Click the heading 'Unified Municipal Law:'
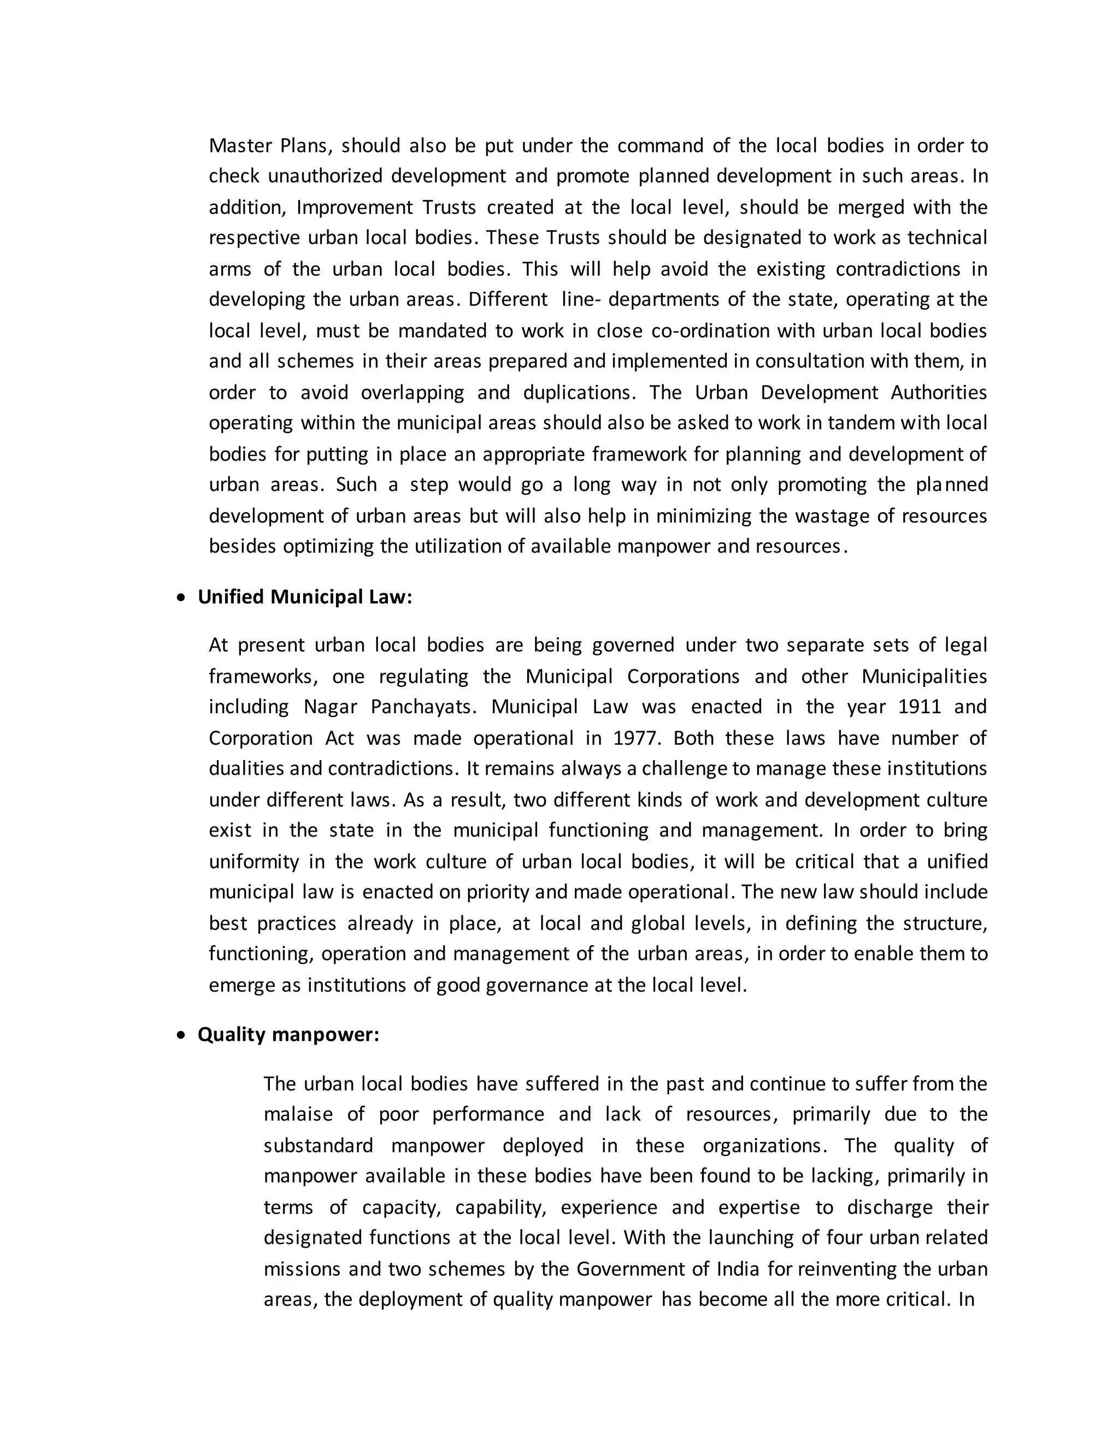point(305,597)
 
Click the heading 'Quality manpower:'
point(288,1034)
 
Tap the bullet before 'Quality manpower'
point(181,1035)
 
